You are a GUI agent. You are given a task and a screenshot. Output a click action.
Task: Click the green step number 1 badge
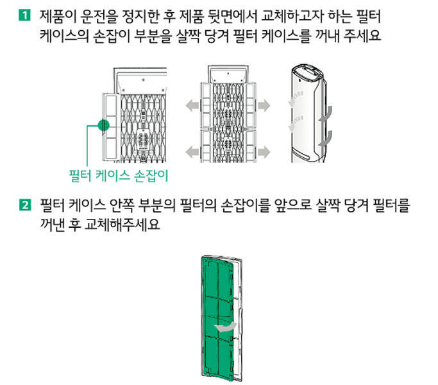coord(24,15)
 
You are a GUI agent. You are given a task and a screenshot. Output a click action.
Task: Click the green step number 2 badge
coord(24,205)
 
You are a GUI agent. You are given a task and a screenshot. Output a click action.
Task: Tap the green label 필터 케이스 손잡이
coord(119,176)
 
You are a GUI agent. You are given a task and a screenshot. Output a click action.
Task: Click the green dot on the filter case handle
coord(104,125)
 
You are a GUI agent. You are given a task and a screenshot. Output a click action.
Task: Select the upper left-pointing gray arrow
coord(192,105)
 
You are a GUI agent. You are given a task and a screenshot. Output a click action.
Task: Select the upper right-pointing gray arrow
coord(264,105)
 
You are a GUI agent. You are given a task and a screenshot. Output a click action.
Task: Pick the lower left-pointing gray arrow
coord(192,152)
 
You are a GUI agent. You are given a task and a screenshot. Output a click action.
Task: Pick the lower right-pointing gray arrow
coord(264,152)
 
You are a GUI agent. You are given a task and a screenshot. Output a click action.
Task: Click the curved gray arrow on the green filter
coord(225,328)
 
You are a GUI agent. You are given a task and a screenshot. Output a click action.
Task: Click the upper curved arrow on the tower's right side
coord(326,116)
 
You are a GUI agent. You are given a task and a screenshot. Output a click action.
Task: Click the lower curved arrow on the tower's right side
coord(326,139)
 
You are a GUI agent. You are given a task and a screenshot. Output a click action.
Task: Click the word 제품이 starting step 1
coord(58,16)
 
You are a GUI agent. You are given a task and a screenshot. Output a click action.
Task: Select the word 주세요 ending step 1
coord(362,35)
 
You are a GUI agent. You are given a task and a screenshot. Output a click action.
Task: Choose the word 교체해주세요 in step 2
coord(122,225)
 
